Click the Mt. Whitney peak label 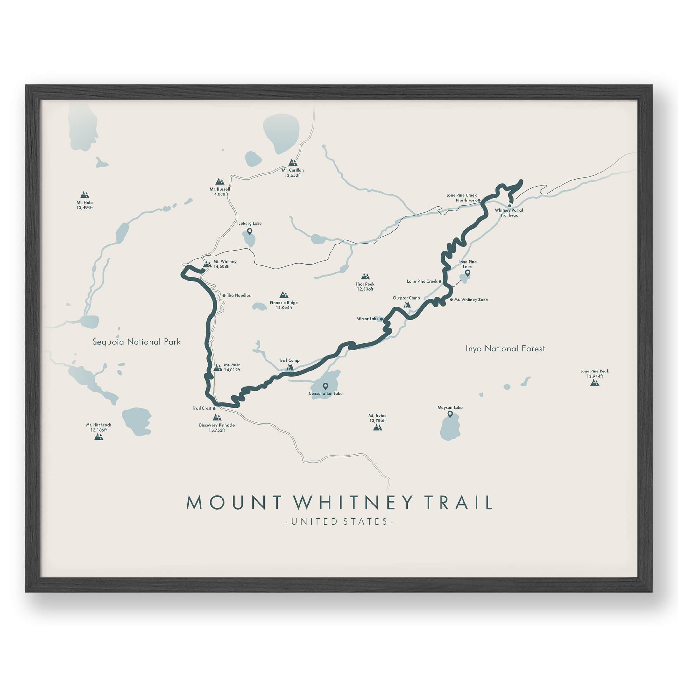pos(225,264)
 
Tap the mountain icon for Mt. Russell pos(220,181)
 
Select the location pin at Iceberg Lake pos(250,231)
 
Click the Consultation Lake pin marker pos(325,386)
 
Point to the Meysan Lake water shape pos(450,428)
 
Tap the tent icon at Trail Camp pos(290,367)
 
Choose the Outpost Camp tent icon pos(407,305)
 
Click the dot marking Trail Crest pos(214,408)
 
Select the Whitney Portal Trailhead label pos(509,213)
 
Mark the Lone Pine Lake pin pos(467,273)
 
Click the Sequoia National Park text pos(137,342)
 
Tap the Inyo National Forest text pos(505,349)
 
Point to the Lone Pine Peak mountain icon pos(595,383)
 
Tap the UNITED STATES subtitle pos(339,521)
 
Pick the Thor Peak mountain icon pos(365,276)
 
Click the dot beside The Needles pos(224,295)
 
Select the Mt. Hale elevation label pos(85,208)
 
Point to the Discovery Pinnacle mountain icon pos(217,418)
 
